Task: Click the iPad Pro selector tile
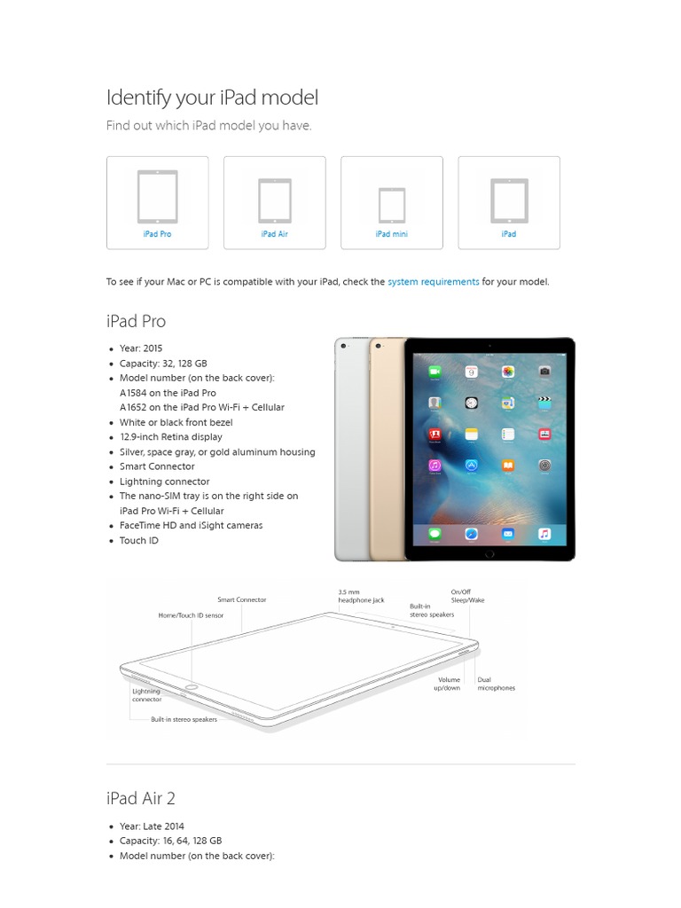tap(157, 202)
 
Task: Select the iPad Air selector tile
tap(274, 202)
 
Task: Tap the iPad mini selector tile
tap(391, 202)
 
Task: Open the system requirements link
tap(433, 282)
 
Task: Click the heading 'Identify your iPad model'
tap(212, 98)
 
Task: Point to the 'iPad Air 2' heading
tap(140, 798)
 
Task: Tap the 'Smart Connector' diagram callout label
tap(241, 600)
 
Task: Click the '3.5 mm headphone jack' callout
tap(361, 596)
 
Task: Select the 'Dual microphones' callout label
tap(496, 684)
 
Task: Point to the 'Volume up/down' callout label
tap(449, 684)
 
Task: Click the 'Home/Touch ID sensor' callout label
tap(191, 615)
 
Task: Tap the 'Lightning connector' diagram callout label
tap(147, 695)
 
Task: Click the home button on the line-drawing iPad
tap(191, 686)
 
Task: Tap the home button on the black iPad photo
tap(489, 552)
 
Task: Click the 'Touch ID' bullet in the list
tap(139, 541)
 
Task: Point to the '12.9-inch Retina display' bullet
tap(171, 437)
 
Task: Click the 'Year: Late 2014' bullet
tap(152, 826)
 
